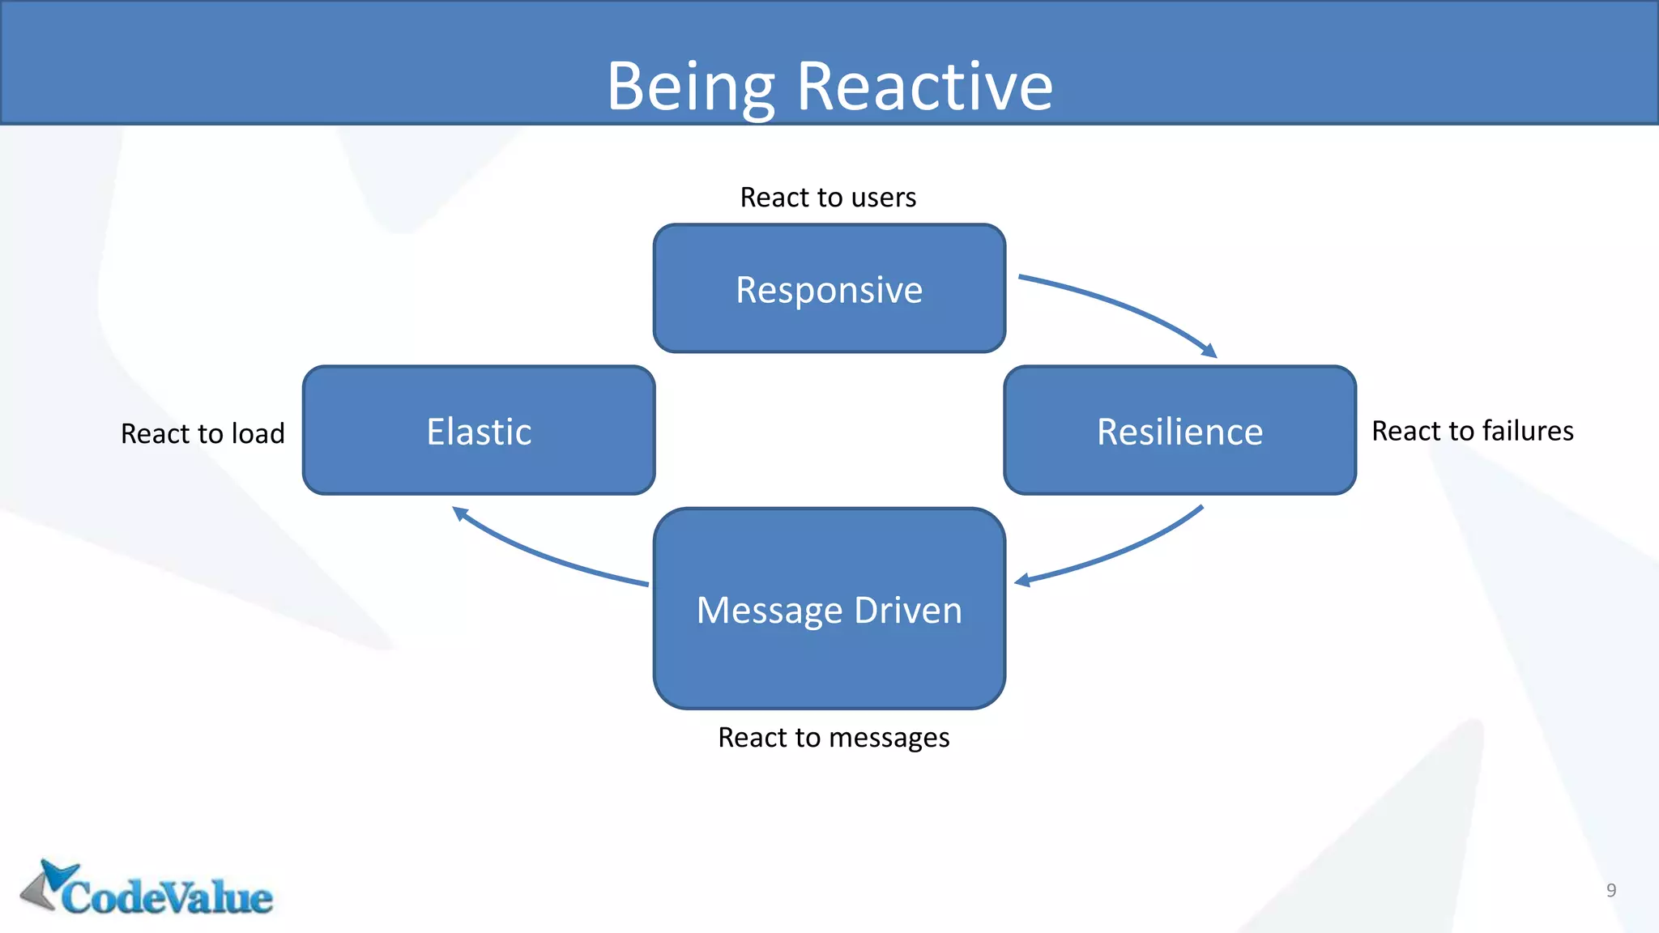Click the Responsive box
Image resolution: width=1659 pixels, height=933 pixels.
click(829, 289)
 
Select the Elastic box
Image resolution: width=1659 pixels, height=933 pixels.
click(479, 431)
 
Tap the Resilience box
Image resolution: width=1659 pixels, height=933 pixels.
click(1179, 431)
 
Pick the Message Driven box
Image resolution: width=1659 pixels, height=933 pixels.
click(829, 609)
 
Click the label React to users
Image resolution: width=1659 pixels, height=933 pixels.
click(828, 198)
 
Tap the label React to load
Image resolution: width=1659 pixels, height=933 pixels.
click(203, 433)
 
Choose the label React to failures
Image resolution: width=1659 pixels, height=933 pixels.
click(1472, 431)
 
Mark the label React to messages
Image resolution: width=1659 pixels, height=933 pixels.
click(834, 738)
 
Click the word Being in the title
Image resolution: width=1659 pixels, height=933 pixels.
click(691, 87)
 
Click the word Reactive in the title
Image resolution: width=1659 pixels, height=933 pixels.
click(924, 87)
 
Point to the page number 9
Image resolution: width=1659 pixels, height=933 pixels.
click(1610, 890)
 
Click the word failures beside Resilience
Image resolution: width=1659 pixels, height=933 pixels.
click(1527, 431)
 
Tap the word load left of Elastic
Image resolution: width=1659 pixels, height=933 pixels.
click(258, 433)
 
